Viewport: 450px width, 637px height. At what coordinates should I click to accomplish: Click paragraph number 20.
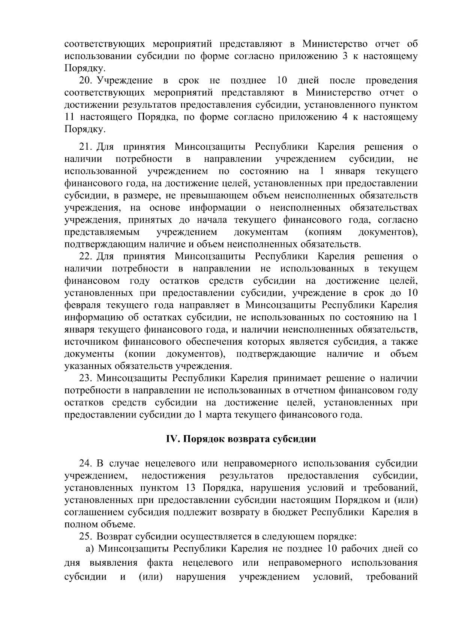pos(85,80)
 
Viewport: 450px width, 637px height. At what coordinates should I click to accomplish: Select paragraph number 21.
pos(85,146)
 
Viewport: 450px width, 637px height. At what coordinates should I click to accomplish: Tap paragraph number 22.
pos(85,257)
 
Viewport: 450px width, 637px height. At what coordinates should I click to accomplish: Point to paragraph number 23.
pos(85,378)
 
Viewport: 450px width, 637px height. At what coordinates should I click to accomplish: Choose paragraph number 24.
pos(85,464)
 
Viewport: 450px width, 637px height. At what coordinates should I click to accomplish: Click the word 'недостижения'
pos(173,476)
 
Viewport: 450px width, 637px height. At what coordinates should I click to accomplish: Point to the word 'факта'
pos(160,563)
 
